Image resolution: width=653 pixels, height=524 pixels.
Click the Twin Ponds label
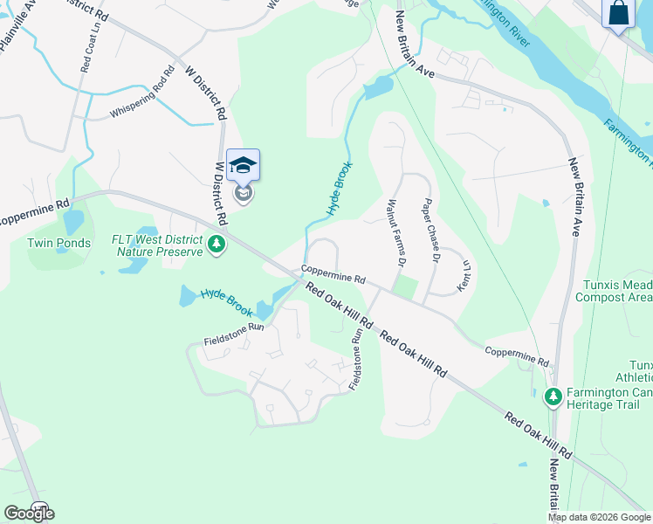58,243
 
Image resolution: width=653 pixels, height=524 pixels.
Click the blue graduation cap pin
244,165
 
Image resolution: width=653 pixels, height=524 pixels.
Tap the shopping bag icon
618,13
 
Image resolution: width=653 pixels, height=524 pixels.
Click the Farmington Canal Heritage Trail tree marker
553,397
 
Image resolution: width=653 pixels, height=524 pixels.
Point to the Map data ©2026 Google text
598,517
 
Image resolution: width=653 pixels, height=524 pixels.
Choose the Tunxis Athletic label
640,371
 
